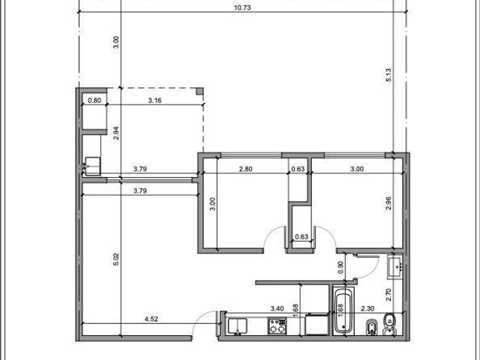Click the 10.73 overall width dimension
(242, 7)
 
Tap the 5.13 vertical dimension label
(388, 75)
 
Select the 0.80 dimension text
(94, 100)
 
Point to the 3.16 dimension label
(154, 100)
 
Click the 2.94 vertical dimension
(116, 133)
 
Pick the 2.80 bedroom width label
(245, 169)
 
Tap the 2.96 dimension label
(388, 203)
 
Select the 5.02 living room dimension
(116, 259)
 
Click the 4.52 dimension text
(151, 319)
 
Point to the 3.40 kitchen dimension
(277, 308)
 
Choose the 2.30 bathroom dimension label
(367, 308)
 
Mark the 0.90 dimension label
(340, 268)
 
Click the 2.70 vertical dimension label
(388, 295)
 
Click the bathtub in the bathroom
(343, 312)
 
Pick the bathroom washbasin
(396, 267)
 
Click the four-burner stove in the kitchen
(277, 325)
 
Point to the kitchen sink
(237, 325)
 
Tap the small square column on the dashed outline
(199, 91)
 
